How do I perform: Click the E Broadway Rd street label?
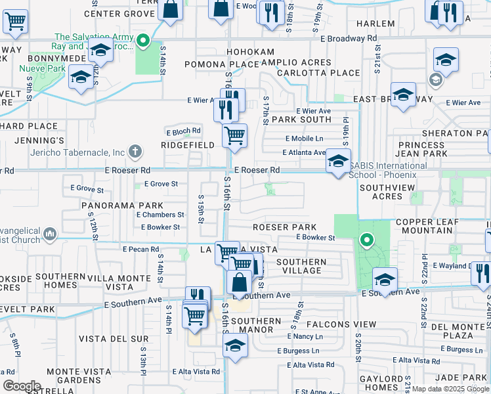[349, 38]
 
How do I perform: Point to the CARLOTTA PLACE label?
[309, 72]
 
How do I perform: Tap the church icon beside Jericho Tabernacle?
[135, 152]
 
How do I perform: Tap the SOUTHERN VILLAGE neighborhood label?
[301, 266]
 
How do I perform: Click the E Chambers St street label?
[161, 215]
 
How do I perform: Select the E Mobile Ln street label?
[305, 139]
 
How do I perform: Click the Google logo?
[22, 386]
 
